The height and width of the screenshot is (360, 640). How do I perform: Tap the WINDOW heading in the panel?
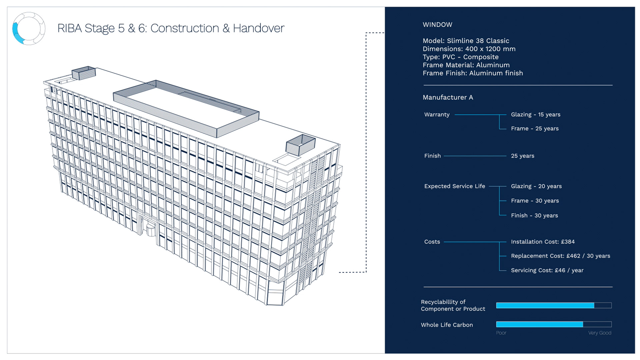pyautogui.click(x=437, y=25)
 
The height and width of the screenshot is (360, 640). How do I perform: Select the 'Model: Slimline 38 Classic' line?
pyautogui.click(x=466, y=41)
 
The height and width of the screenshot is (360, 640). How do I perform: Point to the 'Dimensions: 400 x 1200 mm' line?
pyautogui.click(x=469, y=49)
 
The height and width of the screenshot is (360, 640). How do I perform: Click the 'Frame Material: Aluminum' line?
pyautogui.click(x=466, y=65)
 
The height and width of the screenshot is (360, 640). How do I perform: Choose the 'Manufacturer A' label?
pyautogui.click(x=448, y=97)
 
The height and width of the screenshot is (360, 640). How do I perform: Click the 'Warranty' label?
pyautogui.click(x=437, y=115)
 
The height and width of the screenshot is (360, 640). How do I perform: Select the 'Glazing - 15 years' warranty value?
pyautogui.click(x=536, y=115)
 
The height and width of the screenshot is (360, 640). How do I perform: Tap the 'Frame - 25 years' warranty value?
pyautogui.click(x=535, y=129)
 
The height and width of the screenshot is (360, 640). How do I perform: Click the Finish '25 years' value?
pyautogui.click(x=523, y=156)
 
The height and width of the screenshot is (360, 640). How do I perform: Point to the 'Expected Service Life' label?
pyautogui.click(x=455, y=186)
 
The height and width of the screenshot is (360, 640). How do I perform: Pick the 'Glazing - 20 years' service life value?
pyautogui.click(x=536, y=186)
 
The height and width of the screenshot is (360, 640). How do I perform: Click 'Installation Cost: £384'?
pyautogui.click(x=543, y=242)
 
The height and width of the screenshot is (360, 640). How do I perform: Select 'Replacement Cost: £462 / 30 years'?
pyautogui.click(x=561, y=256)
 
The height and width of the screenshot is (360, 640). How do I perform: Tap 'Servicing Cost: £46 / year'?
pyautogui.click(x=547, y=270)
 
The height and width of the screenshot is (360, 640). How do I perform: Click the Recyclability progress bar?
pyautogui.click(x=554, y=305)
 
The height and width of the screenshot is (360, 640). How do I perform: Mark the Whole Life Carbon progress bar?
pyautogui.click(x=554, y=324)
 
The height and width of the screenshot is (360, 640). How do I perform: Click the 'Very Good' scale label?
pyautogui.click(x=600, y=333)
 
